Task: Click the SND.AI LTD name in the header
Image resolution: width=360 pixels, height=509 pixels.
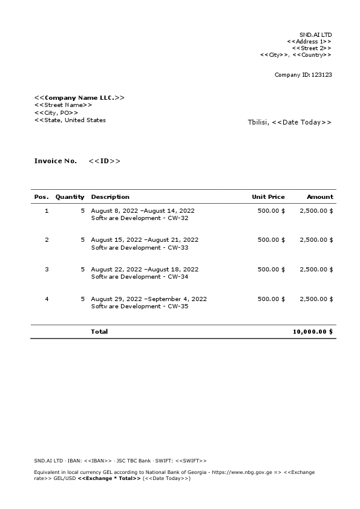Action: tap(315, 35)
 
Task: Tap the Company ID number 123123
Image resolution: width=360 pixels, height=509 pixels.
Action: tap(321, 75)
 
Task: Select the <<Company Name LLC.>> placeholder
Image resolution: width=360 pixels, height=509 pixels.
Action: tap(79, 97)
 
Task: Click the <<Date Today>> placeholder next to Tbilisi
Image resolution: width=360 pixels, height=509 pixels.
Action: tap(301, 122)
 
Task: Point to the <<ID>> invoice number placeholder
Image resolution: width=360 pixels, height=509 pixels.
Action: tap(104, 161)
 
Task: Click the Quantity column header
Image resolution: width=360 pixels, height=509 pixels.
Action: tap(70, 196)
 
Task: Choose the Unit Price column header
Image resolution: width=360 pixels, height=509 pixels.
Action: tap(268, 196)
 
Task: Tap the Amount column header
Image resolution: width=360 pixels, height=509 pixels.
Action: tap(319, 196)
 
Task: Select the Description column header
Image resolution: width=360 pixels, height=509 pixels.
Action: tap(110, 196)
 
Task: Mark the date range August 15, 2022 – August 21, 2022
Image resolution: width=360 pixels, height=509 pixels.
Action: tap(145, 240)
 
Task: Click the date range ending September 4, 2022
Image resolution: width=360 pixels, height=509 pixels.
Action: tap(149, 299)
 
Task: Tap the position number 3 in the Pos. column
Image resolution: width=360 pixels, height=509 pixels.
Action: tap(47, 269)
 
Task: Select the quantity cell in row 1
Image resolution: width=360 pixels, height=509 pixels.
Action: tap(82, 210)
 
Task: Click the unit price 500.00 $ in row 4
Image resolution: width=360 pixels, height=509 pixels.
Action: tap(271, 299)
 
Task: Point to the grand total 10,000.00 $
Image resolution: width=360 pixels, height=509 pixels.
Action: tap(312, 331)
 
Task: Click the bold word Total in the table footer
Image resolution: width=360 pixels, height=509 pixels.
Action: tap(99, 331)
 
